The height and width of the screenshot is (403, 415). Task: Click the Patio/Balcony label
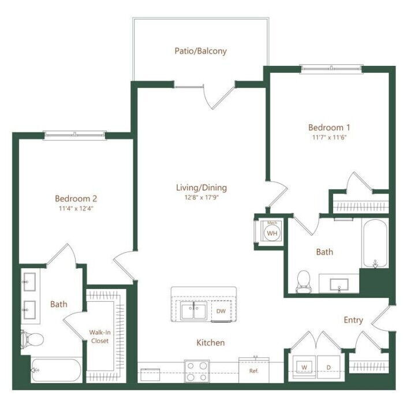click(200, 51)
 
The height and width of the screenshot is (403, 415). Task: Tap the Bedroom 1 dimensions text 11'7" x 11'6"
click(330, 138)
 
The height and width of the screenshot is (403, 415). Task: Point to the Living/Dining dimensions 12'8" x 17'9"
click(201, 198)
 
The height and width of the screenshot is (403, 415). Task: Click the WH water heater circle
click(272, 232)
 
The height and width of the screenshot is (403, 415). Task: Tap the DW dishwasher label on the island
click(220, 311)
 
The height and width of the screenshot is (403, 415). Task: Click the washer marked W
click(304, 367)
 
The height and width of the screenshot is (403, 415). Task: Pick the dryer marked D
click(329, 367)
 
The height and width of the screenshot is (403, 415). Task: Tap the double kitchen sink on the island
click(193, 311)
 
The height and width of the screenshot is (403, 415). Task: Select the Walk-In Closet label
click(99, 337)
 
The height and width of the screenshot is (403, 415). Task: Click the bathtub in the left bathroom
click(55, 371)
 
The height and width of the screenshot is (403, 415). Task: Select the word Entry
click(353, 320)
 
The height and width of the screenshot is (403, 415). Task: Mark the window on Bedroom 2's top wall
click(75, 135)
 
